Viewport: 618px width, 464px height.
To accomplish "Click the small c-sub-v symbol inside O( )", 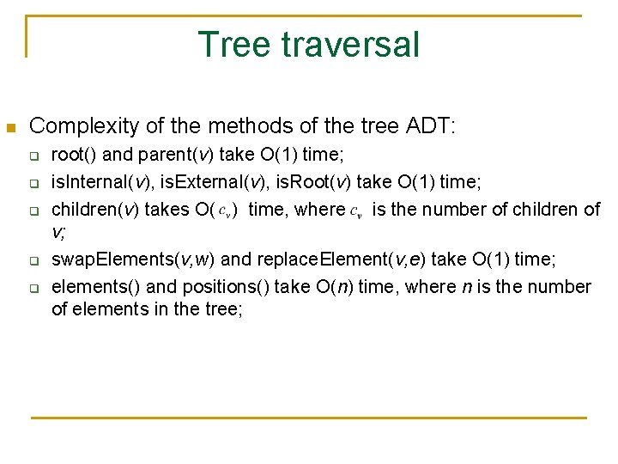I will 224,210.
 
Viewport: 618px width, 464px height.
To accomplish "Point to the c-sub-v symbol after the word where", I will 356,210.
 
